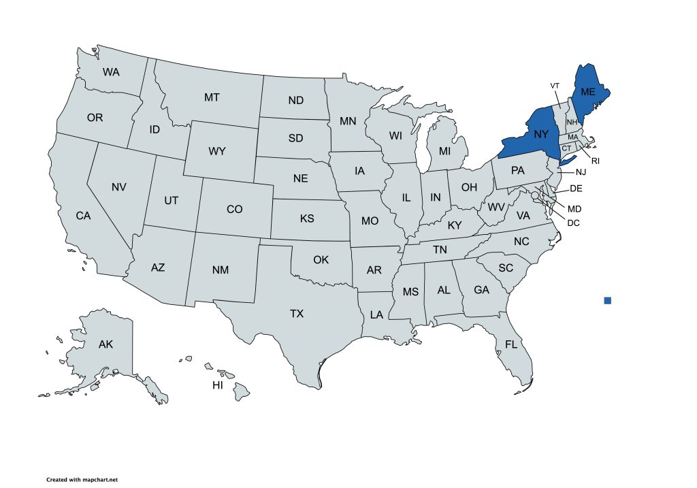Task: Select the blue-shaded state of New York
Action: tap(538, 136)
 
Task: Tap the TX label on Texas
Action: tap(297, 314)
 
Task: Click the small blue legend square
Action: tap(608, 300)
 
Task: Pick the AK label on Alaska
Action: tap(106, 344)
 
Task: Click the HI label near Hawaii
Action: tap(218, 386)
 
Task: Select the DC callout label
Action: tap(574, 223)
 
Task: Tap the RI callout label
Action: tap(595, 161)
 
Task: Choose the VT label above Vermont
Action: tap(555, 85)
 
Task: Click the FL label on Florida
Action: tap(511, 345)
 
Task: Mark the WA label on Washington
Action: tap(112, 71)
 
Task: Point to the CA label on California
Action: tap(83, 216)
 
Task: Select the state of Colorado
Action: tap(234, 210)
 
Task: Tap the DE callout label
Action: tap(576, 189)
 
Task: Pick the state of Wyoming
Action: tap(216, 151)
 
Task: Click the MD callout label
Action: tap(574, 208)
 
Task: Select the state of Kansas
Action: tap(307, 220)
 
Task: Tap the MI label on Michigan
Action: tap(444, 150)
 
